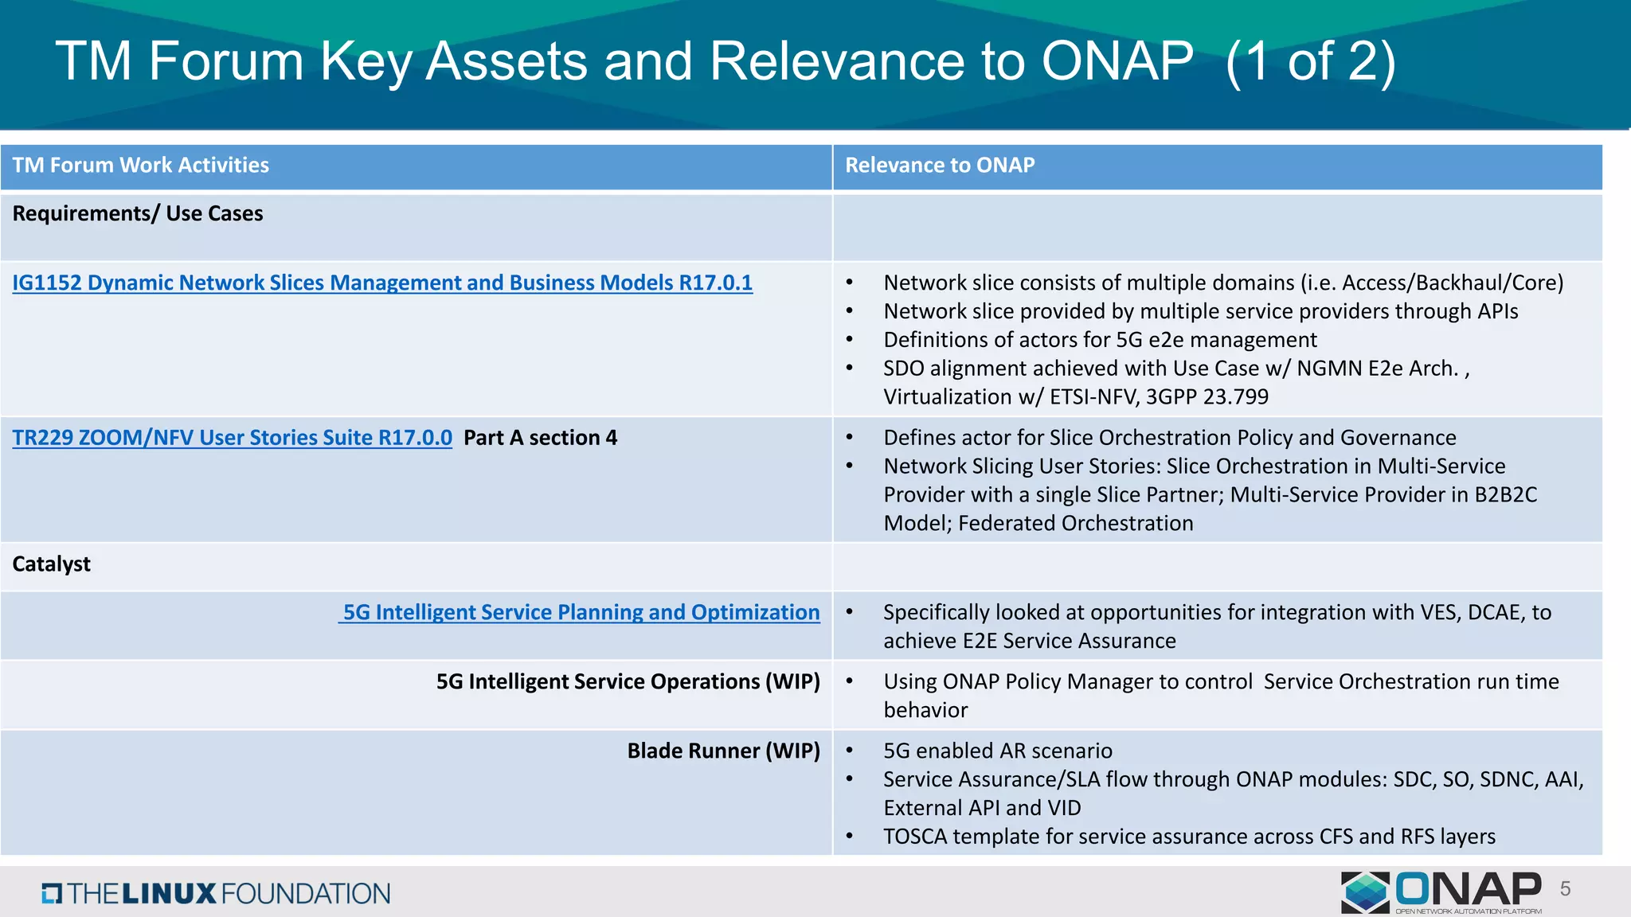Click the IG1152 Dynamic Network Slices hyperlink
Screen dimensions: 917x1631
click(x=382, y=283)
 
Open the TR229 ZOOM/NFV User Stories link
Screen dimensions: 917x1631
click(x=232, y=438)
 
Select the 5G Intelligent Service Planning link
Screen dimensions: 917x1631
click(x=580, y=612)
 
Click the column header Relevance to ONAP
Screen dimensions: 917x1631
click(x=940, y=166)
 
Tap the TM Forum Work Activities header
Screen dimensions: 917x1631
click(x=141, y=166)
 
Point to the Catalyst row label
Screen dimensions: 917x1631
click(x=52, y=564)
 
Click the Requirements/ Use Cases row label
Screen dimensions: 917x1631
click(x=138, y=214)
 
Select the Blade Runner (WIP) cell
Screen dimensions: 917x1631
click(x=723, y=751)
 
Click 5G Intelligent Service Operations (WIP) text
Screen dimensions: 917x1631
click(x=628, y=681)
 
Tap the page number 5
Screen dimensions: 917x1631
click(x=1565, y=889)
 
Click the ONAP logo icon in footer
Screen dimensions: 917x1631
click(x=1365, y=892)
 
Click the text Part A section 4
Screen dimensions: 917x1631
click(x=540, y=438)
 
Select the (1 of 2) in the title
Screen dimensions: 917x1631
click(x=1311, y=61)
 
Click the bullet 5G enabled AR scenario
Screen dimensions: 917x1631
click(x=997, y=751)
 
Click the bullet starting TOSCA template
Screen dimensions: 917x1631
click(x=1189, y=837)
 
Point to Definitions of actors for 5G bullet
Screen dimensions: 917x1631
click(x=1100, y=340)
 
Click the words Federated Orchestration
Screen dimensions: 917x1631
click(x=1075, y=523)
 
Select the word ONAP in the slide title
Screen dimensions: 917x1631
click(x=1117, y=61)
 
